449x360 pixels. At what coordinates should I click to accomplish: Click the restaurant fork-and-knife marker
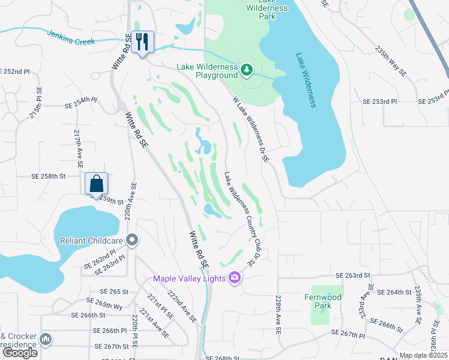point(142,42)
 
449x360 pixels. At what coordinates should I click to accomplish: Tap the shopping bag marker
point(96,183)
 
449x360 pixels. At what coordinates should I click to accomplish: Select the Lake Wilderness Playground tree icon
point(246,71)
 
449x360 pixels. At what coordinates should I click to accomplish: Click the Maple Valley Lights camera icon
point(235,278)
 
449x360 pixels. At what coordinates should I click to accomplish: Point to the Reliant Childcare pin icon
point(133,241)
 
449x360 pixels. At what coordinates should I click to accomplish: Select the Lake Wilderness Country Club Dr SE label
point(238,220)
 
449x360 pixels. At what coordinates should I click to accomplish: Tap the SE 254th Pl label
point(80,103)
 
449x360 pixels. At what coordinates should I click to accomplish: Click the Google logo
point(20,353)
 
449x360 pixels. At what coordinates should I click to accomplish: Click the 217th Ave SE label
point(79,148)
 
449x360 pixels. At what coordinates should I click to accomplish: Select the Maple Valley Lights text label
point(189,278)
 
